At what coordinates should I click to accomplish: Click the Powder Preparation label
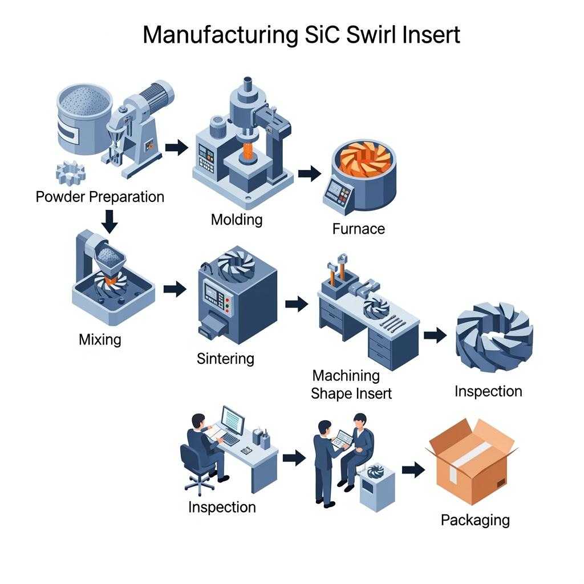[x=100, y=197]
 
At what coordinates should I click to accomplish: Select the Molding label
[x=237, y=219]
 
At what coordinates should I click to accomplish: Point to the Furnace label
[x=358, y=229]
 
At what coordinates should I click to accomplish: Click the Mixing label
[x=100, y=340]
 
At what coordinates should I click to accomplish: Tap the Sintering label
[x=225, y=359]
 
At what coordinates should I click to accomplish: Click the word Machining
[x=346, y=376]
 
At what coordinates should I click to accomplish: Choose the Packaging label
[x=475, y=520]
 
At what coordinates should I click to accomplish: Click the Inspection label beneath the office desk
[x=222, y=507]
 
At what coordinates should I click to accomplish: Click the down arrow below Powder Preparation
[x=109, y=221]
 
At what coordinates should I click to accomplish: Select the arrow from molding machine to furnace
[x=309, y=173]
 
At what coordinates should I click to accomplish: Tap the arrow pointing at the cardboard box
[x=413, y=469]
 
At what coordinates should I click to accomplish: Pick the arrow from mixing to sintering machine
[x=175, y=289]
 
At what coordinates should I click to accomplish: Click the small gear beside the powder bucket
[x=71, y=173]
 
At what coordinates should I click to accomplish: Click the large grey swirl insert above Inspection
[x=494, y=336]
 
